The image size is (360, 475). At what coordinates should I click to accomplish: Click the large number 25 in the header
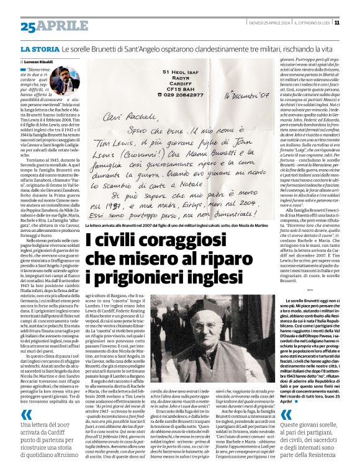(x=28, y=27)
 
